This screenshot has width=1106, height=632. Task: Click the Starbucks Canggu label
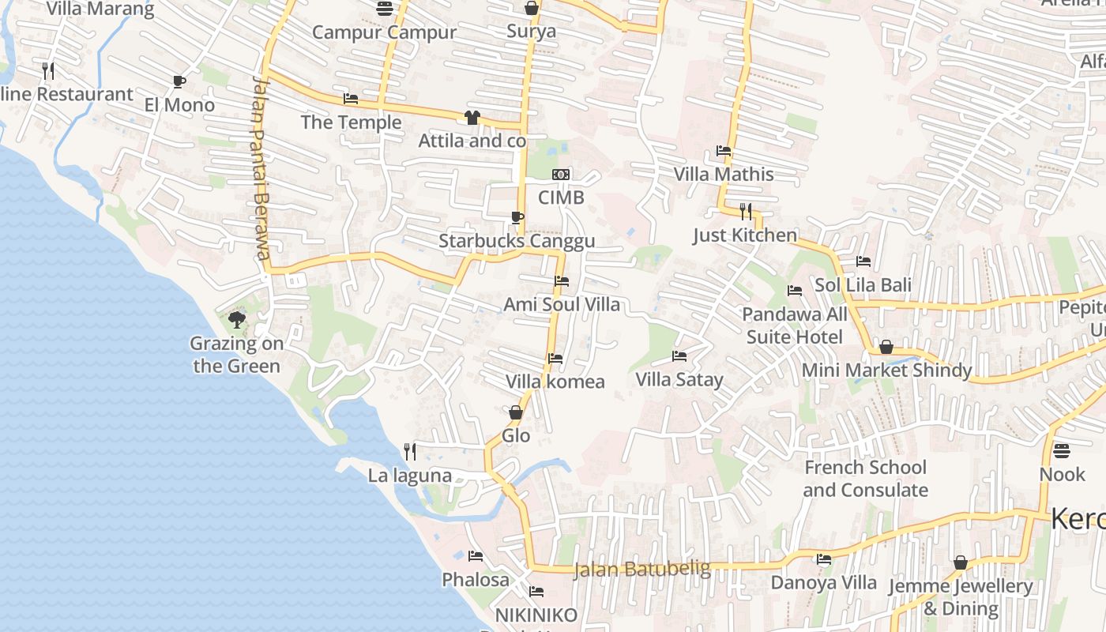tap(517, 241)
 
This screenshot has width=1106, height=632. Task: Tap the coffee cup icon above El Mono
tap(179, 81)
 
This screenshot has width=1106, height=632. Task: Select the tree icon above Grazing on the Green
tap(236, 320)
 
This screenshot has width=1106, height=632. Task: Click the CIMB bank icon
tap(561, 174)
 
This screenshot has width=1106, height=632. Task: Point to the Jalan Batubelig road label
tap(642, 569)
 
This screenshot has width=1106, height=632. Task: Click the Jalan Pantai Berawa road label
tap(261, 167)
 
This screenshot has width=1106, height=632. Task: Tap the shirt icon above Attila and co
tap(472, 118)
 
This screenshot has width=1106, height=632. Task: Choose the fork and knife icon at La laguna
tap(410, 452)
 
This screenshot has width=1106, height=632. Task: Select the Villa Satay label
tap(679, 380)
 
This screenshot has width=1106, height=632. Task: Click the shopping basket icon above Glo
tap(516, 412)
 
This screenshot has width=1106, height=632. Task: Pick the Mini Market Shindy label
tap(886, 371)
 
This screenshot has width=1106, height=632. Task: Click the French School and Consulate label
tap(865, 479)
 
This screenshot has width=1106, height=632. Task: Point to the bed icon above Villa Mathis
tap(723, 151)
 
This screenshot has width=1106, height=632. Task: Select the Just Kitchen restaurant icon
tap(745, 211)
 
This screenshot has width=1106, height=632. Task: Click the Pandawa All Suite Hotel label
tap(794, 325)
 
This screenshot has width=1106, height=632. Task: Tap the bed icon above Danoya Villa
tap(824, 559)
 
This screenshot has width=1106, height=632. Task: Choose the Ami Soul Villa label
tap(562, 304)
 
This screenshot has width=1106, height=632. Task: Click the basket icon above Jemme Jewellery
tap(961, 562)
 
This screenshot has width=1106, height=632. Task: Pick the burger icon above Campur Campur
tap(385, 9)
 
